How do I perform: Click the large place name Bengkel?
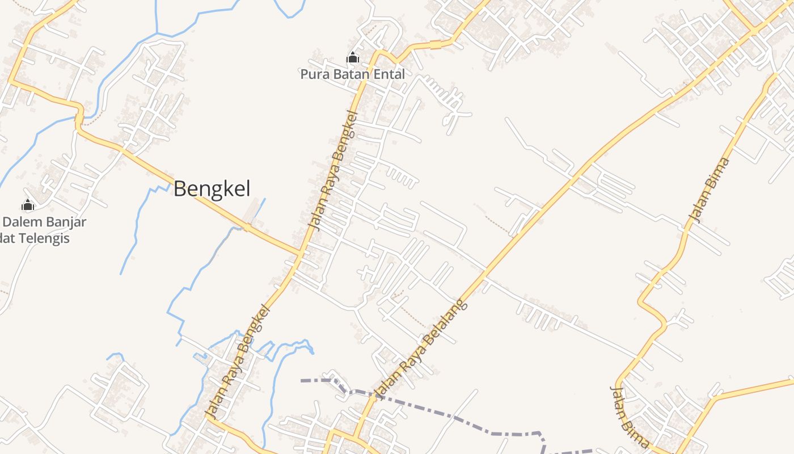[212, 189]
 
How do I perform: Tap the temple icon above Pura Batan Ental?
[353, 57]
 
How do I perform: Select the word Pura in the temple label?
[312, 74]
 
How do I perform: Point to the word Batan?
[349, 74]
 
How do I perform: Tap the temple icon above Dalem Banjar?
[27, 205]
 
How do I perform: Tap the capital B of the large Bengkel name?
[180, 189]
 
